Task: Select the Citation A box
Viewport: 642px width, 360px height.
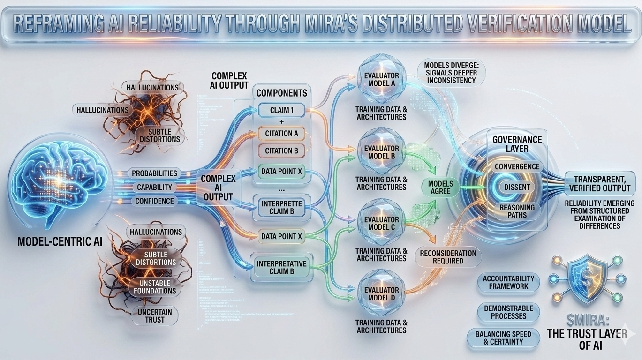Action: (x=281, y=134)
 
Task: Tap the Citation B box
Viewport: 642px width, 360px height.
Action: (x=281, y=151)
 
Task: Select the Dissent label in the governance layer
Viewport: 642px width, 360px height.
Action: (x=517, y=187)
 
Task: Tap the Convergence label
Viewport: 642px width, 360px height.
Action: (x=517, y=166)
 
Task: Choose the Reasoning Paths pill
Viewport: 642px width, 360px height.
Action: (x=517, y=211)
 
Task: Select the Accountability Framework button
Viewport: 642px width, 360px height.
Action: (x=509, y=282)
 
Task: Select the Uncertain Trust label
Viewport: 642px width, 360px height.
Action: (x=154, y=315)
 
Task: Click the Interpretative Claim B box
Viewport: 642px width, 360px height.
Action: (x=281, y=268)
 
